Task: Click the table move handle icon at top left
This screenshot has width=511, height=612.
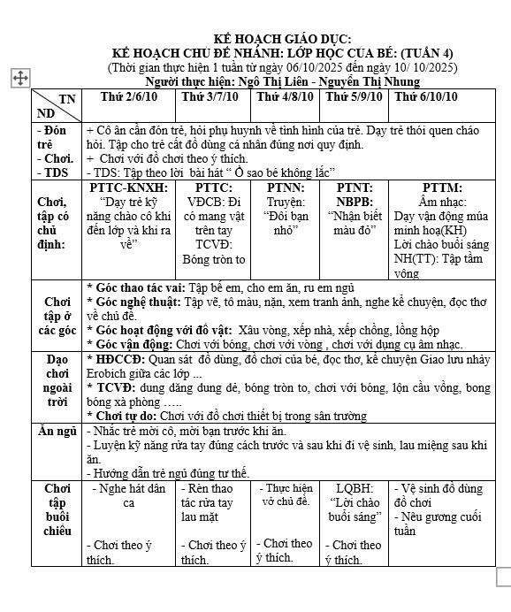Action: (x=19, y=79)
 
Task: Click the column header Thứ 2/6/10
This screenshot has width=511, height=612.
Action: (x=129, y=96)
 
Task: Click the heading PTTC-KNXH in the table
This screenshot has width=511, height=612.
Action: (x=129, y=187)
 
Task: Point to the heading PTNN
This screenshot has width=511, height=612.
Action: (x=285, y=187)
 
